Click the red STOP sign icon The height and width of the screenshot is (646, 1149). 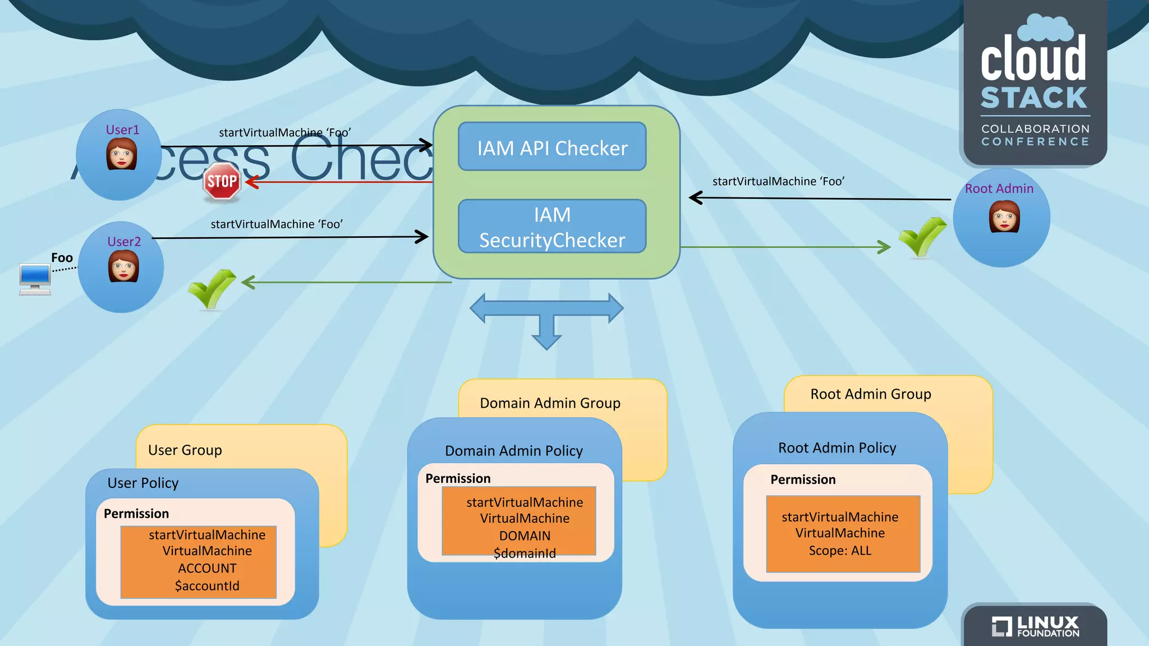[222, 181]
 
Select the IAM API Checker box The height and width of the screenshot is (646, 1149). [552, 147]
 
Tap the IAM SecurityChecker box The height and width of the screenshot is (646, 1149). [552, 227]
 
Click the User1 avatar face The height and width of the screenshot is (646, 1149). [122, 154]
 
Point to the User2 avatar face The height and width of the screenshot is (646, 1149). [123, 266]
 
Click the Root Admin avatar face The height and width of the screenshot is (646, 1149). [1004, 216]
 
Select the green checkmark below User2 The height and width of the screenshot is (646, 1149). [212, 288]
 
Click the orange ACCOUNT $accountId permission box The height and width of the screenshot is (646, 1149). [199, 562]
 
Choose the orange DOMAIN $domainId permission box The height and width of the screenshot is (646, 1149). [519, 521]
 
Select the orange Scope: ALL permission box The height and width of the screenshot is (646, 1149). [843, 533]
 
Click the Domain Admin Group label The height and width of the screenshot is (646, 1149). [550, 403]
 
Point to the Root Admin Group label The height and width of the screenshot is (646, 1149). [870, 394]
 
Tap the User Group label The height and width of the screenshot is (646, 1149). [185, 450]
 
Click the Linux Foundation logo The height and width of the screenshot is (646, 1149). [1036, 626]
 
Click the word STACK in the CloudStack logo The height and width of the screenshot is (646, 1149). [1034, 98]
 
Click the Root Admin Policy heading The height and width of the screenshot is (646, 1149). [837, 447]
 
